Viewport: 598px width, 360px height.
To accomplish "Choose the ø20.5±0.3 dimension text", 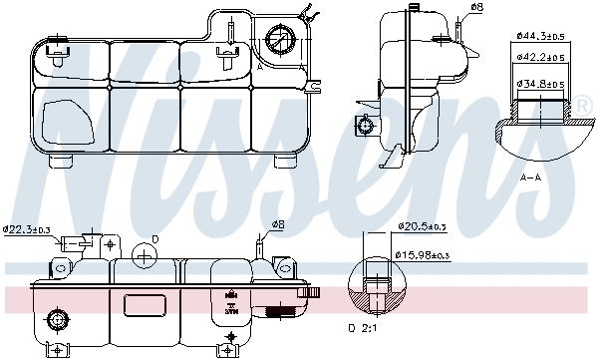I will (423, 227).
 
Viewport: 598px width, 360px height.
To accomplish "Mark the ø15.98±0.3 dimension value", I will (425, 256).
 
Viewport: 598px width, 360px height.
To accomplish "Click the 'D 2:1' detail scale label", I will (366, 328).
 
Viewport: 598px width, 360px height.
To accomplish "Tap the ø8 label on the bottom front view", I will (277, 224).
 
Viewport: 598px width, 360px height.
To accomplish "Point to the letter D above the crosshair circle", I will (154, 239).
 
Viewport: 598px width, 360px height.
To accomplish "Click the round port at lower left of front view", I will (57, 320).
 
